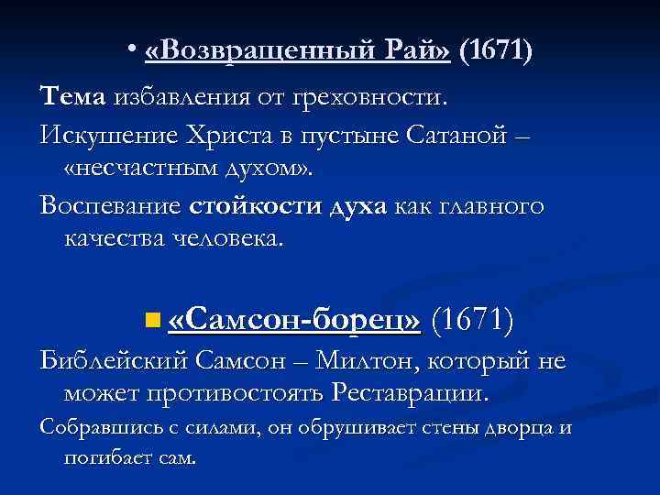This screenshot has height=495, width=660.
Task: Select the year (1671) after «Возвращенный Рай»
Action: (495, 52)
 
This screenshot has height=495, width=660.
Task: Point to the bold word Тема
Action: (73, 95)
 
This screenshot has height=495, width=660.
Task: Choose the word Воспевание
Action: (110, 204)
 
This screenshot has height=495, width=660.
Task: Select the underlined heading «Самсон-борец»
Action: (295, 320)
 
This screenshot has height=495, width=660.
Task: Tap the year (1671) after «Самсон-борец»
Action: (471, 320)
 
